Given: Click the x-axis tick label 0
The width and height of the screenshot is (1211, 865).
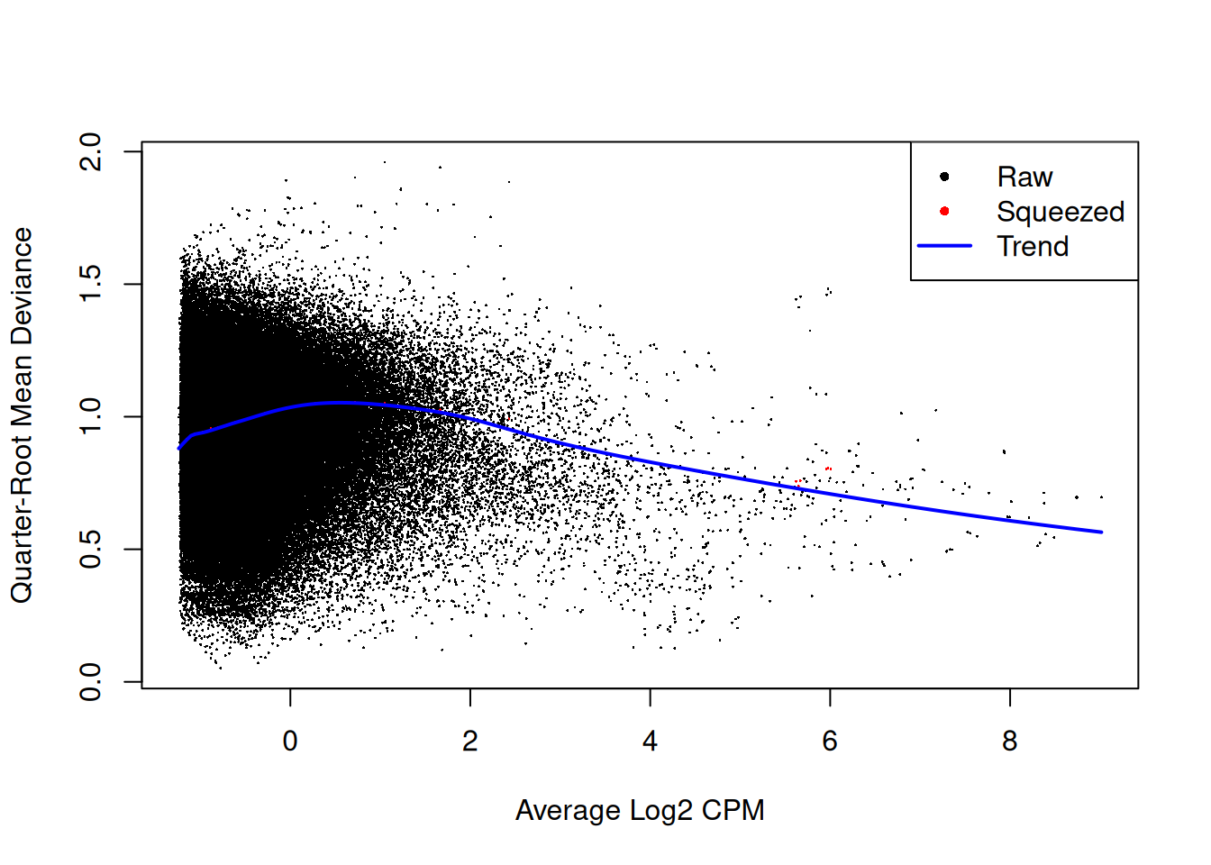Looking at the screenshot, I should click(x=290, y=742).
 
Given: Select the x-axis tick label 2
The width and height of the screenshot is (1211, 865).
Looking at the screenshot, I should click(x=470, y=742).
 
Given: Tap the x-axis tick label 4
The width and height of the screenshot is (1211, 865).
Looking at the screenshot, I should click(x=650, y=742).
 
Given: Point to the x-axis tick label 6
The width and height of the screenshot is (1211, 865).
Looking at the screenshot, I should click(x=830, y=742).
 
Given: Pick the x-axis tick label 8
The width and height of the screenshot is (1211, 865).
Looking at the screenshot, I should click(x=1009, y=742).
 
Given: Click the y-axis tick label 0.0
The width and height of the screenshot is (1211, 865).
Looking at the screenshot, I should click(x=91, y=682).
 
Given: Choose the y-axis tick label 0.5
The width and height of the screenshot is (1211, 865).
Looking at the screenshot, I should click(x=91, y=549).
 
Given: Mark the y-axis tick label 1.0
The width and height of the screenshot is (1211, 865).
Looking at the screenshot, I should click(x=91, y=416).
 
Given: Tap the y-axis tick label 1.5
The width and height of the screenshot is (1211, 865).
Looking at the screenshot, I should click(x=91, y=284).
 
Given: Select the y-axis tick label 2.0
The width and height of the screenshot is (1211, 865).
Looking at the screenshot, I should click(x=91, y=151).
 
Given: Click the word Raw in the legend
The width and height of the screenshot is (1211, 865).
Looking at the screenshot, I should click(x=1024, y=177).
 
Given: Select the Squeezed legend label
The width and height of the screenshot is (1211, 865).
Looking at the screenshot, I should click(x=1061, y=212).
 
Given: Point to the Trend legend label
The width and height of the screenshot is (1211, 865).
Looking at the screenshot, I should click(x=1033, y=246).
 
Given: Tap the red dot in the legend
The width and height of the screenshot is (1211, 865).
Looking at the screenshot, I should click(x=944, y=211).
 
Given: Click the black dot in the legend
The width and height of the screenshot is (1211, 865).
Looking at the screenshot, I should click(x=944, y=177).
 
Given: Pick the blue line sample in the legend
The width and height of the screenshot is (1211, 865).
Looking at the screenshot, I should click(x=944, y=245).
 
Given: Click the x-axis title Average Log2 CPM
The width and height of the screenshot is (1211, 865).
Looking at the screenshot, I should click(x=640, y=810).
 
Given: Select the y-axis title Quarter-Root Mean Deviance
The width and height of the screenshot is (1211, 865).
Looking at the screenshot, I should click(x=22, y=415).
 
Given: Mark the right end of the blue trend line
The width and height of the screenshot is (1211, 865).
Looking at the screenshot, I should click(x=1101, y=532).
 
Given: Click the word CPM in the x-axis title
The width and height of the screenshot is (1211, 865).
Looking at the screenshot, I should click(x=733, y=810).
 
